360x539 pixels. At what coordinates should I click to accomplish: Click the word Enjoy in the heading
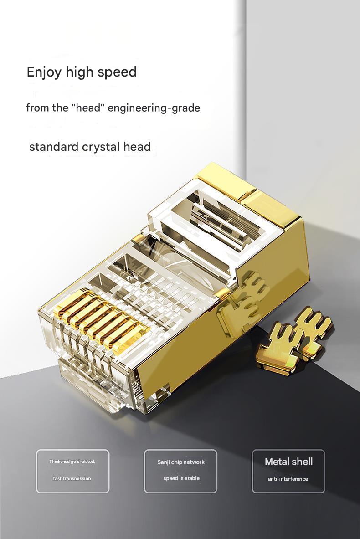(43, 72)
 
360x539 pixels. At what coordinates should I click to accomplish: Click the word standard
(53, 147)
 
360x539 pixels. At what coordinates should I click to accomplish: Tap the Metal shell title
(288, 462)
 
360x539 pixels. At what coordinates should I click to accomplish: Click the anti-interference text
(288, 479)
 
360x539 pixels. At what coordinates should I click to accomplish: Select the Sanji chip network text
(181, 462)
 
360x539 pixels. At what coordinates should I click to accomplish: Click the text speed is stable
(181, 478)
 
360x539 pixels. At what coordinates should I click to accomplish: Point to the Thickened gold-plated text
(72, 462)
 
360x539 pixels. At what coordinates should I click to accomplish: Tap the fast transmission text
(72, 478)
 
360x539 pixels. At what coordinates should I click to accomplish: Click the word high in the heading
(81, 72)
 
